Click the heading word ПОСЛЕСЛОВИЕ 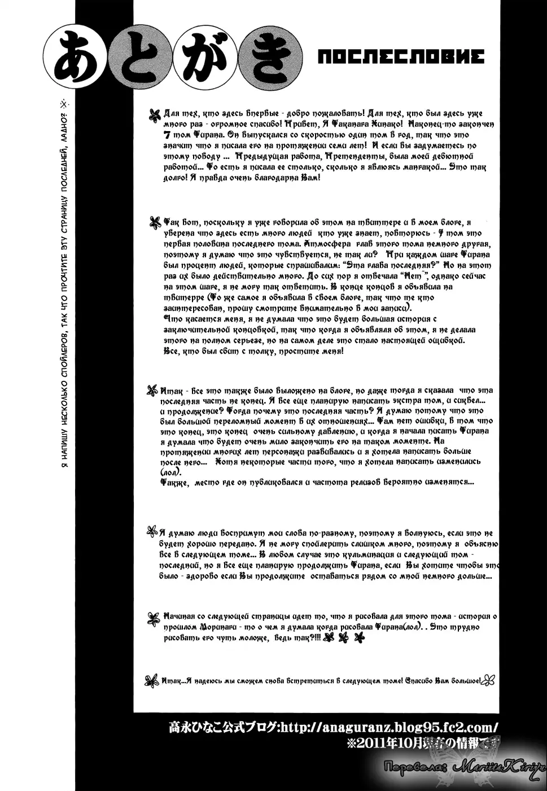pyautogui.click(x=401, y=56)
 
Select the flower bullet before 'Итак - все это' pyautogui.click(x=152, y=389)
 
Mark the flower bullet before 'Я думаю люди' pyautogui.click(x=152, y=532)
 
